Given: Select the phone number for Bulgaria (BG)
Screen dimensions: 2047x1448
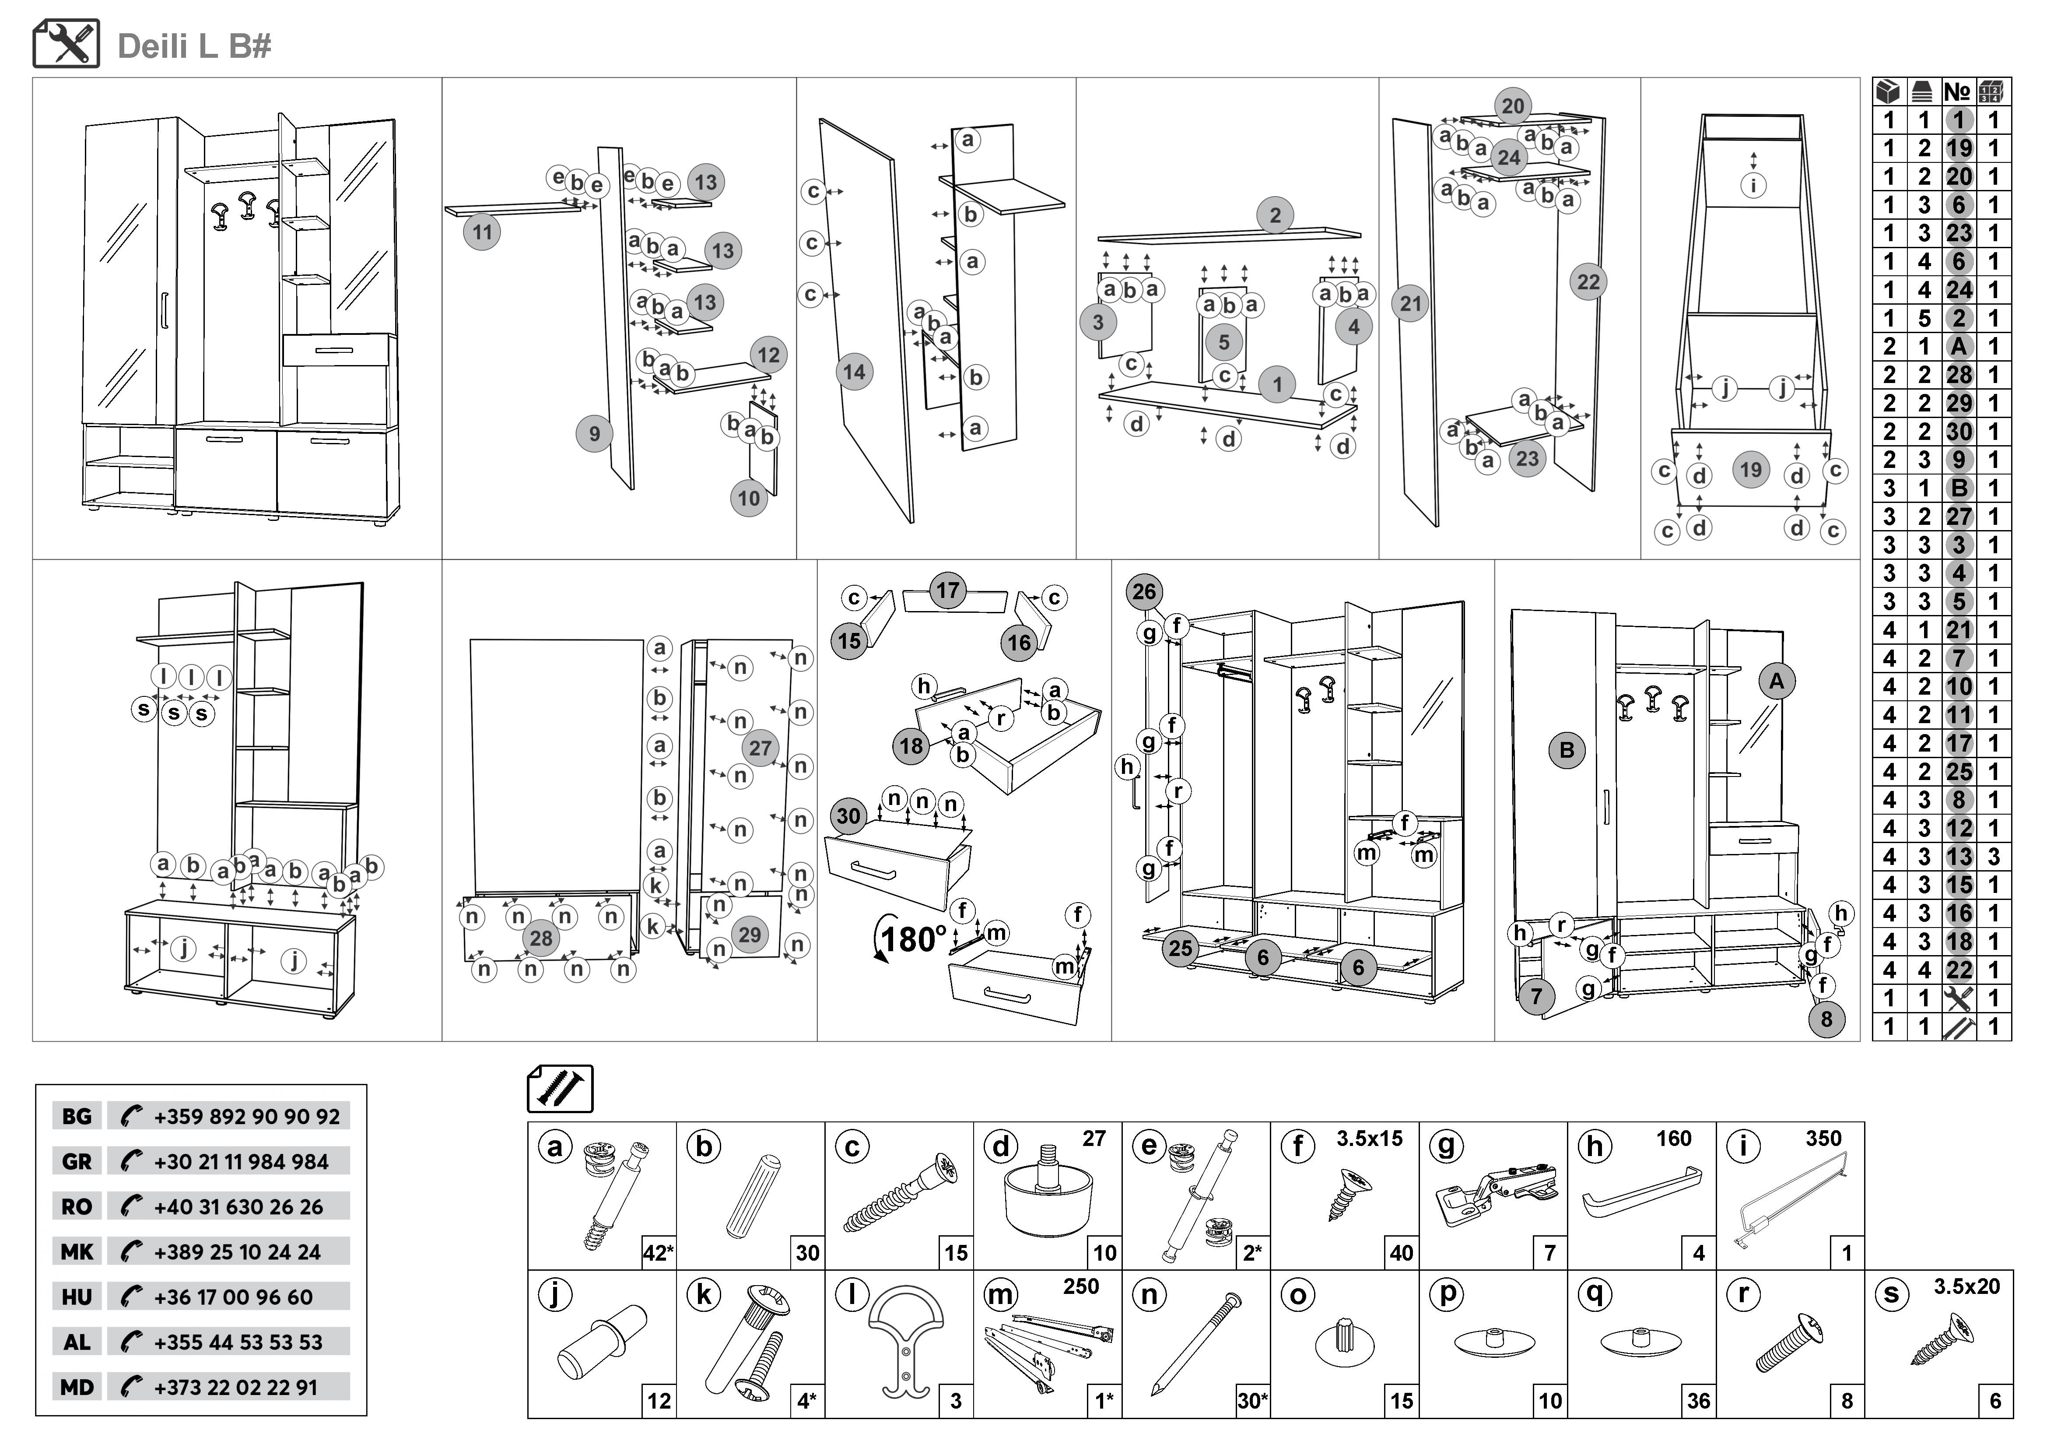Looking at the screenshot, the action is (247, 1116).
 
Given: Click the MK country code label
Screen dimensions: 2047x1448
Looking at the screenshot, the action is (77, 1252).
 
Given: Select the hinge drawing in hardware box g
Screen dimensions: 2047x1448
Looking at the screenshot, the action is (1498, 1195).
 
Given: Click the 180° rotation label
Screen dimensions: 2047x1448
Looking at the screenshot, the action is (913, 939).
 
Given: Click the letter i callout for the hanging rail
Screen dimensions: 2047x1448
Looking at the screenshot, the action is (1754, 186).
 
